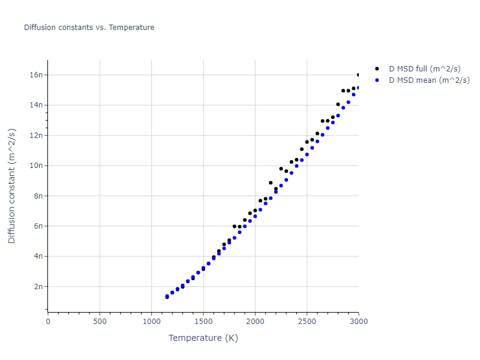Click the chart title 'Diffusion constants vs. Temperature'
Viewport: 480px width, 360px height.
89,28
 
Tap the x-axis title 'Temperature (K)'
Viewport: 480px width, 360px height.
203,338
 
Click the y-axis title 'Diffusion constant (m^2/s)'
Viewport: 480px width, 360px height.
12,187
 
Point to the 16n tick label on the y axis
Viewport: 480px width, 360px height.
37,75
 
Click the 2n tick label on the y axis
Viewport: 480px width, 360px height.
39,287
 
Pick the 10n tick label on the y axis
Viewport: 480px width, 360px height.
37,166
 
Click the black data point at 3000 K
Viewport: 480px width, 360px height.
358,75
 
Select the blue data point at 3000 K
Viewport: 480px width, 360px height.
358,88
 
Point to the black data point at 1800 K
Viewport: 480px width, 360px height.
234,226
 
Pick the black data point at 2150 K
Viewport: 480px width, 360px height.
271,183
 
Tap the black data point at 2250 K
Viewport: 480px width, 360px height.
281,169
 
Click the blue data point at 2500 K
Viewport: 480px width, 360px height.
307,154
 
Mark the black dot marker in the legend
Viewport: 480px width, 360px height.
377,69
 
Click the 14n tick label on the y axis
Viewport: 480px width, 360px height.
37,105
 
